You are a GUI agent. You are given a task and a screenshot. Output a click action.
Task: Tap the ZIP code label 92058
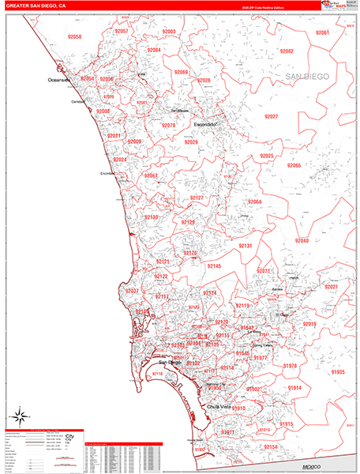coord(75,37)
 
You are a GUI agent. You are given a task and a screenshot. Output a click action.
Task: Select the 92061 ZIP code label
coord(322,33)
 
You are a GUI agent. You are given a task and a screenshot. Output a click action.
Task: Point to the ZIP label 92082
coord(286,51)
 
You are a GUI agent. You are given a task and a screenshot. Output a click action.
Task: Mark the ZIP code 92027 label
coord(271,117)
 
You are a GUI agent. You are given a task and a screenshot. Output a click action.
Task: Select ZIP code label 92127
coord(197,198)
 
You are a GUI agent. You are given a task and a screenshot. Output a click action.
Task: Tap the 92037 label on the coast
coord(132,292)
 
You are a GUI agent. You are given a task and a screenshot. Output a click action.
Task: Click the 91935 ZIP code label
coord(338,372)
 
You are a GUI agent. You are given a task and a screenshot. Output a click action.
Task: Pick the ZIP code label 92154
coord(271,447)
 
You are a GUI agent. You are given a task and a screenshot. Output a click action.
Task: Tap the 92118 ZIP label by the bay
coord(157,374)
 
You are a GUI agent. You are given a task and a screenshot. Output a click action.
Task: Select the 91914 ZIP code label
coord(294,389)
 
